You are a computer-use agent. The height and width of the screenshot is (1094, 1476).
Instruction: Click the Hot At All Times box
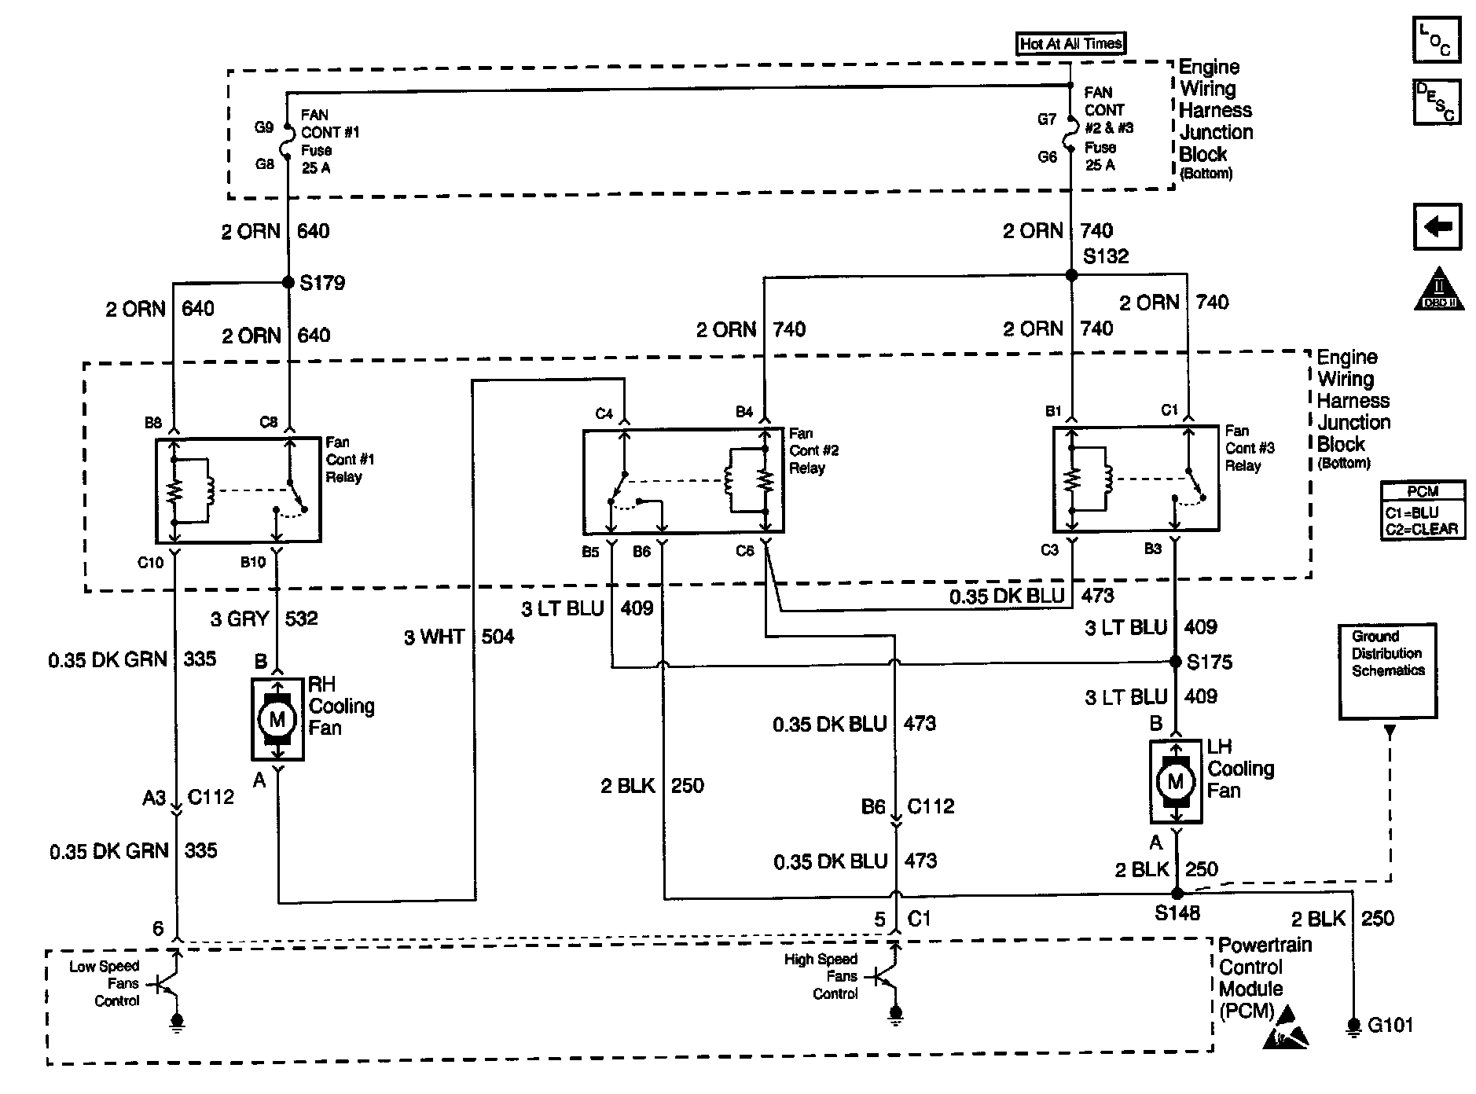(1071, 44)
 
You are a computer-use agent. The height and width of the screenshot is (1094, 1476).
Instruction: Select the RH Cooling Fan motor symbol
(277, 719)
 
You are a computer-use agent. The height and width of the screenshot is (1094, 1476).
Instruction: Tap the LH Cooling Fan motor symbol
(1176, 782)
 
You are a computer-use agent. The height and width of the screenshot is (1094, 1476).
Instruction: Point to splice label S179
(322, 283)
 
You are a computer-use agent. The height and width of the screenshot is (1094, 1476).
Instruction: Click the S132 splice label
(1106, 256)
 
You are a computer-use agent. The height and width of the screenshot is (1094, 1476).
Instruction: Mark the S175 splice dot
(1176, 662)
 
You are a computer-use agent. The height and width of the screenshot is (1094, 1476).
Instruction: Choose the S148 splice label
(1177, 913)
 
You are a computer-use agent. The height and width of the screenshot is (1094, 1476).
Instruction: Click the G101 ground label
(1390, 1025)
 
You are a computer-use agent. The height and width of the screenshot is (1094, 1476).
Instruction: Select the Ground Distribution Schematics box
(1387, 671)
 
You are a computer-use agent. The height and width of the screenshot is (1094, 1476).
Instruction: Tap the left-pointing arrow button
(1437, 227)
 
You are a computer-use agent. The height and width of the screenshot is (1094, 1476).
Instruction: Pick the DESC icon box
(1437, 102)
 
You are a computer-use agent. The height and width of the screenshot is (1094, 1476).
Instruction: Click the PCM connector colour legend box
(1423, 511)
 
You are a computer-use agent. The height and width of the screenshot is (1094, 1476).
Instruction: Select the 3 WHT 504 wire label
(459, 637)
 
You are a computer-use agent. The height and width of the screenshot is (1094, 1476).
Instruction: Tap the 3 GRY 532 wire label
(264, 619)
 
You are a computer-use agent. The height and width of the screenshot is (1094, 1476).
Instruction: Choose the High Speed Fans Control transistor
(884, 976)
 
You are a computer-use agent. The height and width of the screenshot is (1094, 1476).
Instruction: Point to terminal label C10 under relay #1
(150, 563)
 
